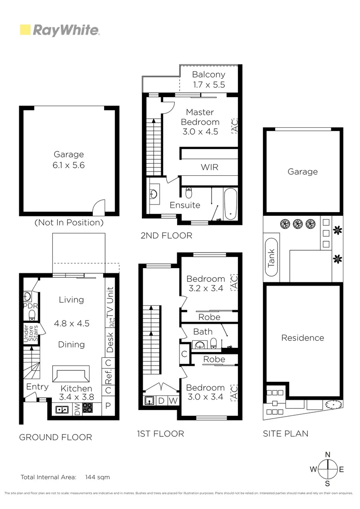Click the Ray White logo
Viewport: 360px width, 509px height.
point(59,31)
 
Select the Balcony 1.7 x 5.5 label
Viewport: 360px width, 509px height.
point(209,80)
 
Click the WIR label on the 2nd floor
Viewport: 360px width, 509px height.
point(210,167)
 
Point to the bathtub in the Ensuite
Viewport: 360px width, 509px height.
point(230,204)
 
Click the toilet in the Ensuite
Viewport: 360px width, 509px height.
point(188,193)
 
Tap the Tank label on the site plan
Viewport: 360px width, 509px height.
point(271,259)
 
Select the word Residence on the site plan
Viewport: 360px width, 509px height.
point(303,338)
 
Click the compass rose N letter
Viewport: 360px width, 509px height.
point(327,454)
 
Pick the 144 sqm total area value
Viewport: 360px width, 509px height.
point(98,477)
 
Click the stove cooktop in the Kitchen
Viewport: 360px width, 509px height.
point(88,408)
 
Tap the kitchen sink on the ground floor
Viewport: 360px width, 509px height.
point(61,409)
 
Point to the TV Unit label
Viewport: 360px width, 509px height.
point(110,302)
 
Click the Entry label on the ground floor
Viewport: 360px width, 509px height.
point(37,387)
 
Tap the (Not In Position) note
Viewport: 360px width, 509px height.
point(69,222)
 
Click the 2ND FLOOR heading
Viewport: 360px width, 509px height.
point(166,235)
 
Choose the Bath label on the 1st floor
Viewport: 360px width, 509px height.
point(203,332)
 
